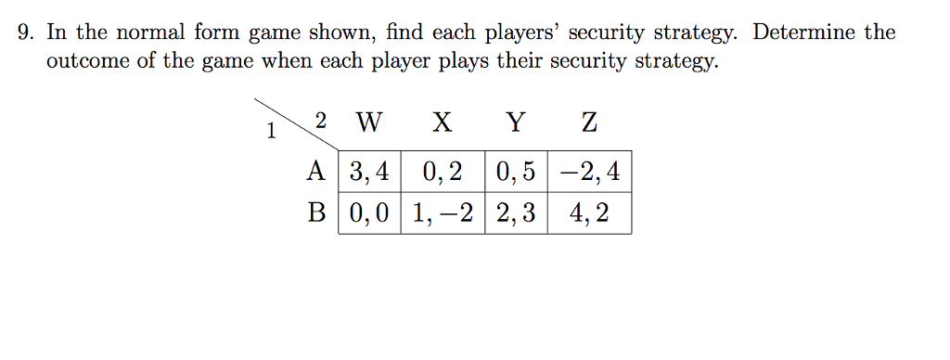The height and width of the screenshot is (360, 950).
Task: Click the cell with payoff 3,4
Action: point(369,172)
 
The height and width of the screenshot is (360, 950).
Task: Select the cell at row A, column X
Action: point(442,172)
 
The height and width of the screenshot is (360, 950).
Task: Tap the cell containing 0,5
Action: point(516,172)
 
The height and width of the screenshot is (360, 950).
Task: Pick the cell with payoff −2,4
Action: point(589,172)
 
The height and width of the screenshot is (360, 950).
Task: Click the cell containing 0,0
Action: point(369,213)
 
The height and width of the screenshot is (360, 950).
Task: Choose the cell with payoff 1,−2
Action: point(442,213)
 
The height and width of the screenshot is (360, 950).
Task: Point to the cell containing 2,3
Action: point(516,213)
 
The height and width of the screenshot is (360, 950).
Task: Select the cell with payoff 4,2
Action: point(589,213)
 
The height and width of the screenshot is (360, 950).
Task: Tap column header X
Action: point(443,122)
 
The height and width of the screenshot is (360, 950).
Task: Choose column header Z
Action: point(588,122)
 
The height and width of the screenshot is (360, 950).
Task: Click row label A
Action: point(317,172)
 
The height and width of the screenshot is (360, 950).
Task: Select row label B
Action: point(317,213)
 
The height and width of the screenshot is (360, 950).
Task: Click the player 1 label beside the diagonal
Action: point(271,132)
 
